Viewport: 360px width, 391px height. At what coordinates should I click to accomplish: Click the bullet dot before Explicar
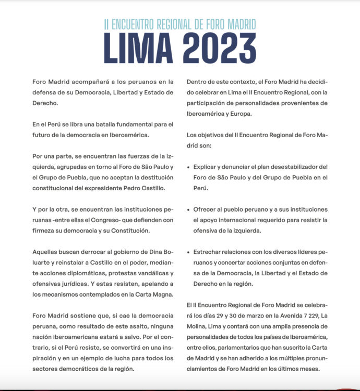click(188, 167)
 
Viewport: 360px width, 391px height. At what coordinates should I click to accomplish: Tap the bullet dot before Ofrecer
click(188, 209)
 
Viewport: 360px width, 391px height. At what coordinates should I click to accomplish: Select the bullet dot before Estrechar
click(188, 251)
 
